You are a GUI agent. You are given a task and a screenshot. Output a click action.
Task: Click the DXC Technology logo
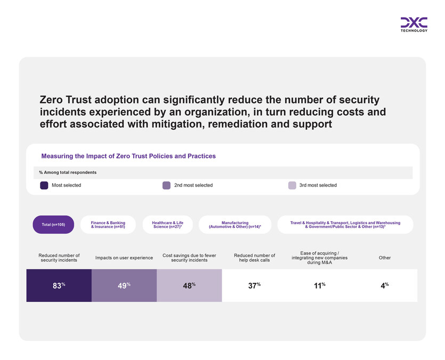click(x=414, y=25)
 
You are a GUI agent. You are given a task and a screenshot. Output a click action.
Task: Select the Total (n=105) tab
click(x=53, y=225)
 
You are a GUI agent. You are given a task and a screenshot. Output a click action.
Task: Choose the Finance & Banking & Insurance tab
click(x=108, y=225)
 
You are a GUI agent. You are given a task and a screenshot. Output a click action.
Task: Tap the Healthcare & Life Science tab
click(x=168, y=225)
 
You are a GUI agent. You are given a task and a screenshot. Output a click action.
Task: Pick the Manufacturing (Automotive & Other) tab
click(x=235, y=225)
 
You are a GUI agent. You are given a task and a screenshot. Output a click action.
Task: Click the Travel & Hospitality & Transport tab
click(x=345, y=225)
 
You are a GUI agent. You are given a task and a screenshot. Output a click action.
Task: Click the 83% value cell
click(x=59, y=285)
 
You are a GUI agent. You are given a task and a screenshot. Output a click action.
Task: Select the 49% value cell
click(x=124, y=285)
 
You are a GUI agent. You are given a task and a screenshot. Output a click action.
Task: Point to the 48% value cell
click(x=189, y=285)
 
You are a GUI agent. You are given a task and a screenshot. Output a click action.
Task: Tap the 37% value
click(x=255, y=285)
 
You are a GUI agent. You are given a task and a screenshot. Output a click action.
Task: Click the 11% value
click(x=320, y=285)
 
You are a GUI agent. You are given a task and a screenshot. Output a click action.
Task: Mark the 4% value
click(x=384, y=285)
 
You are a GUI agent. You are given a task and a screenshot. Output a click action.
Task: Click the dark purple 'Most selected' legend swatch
click(x=44, y=186)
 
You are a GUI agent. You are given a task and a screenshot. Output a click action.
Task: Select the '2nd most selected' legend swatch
click(x=166, y=186)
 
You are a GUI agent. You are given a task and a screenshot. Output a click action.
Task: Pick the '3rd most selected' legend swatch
click(x=292, y=186)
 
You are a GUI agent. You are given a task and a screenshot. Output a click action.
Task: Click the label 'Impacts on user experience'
click(x=124, y=258)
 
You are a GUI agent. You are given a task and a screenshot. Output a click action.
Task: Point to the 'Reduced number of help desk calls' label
click(x=255, y=258)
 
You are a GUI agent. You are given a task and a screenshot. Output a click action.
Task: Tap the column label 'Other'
click(x=385, y=258)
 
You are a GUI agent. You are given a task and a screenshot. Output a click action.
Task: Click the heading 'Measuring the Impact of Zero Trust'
click(x=128, y=156)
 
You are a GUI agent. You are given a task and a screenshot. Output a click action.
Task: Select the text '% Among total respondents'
click(x=68, y=173)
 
